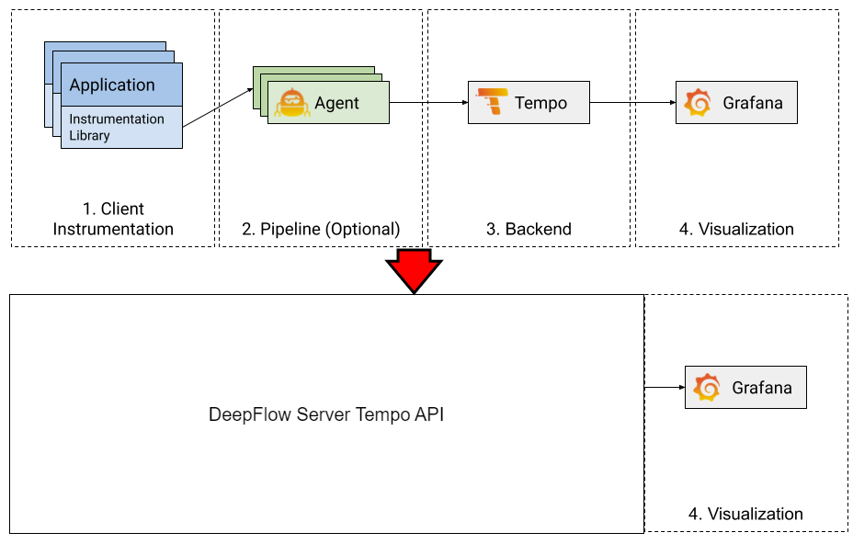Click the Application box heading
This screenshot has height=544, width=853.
click(112, 85)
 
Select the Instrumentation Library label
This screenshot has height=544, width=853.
click(117, 128)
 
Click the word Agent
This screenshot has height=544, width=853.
click(336, 103)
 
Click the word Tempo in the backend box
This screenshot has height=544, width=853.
click(540, 103)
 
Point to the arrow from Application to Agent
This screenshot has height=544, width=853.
click(218, 107)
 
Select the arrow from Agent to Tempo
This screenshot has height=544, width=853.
click(428, 103)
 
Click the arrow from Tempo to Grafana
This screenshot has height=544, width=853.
click(632, 103)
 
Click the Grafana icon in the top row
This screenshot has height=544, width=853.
click(698, 103)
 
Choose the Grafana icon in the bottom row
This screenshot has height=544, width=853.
click(707, 388)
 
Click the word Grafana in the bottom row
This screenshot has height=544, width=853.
click(761, 388)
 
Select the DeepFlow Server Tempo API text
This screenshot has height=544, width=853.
click(326, 414)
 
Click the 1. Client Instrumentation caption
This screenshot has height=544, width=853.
click(113, 219)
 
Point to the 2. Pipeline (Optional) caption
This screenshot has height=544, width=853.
click(321, 229)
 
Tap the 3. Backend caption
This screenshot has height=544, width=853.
click(529, 229)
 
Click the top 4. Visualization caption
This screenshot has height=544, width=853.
click(736, 229)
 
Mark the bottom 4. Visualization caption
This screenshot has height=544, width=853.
click(745, 514)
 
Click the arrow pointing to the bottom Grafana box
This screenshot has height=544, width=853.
click(665, 388)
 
